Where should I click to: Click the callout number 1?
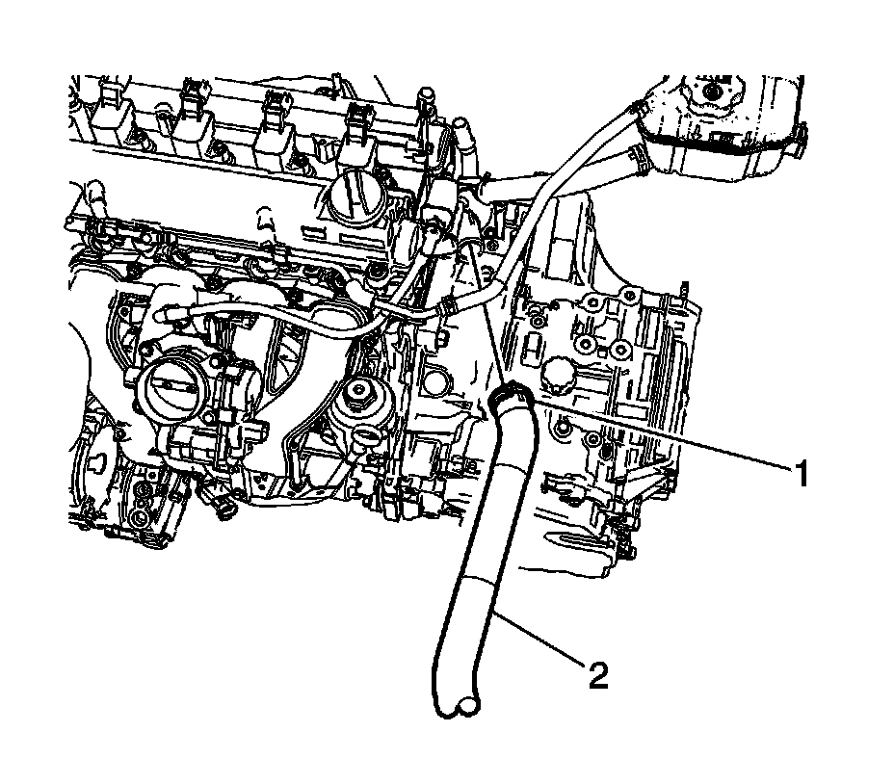(x=802, y=474)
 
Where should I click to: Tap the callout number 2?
(x=598, y=675)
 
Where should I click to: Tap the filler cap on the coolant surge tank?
(x=711, y=91)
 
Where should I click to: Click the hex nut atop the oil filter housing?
(x=358, y=390)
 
